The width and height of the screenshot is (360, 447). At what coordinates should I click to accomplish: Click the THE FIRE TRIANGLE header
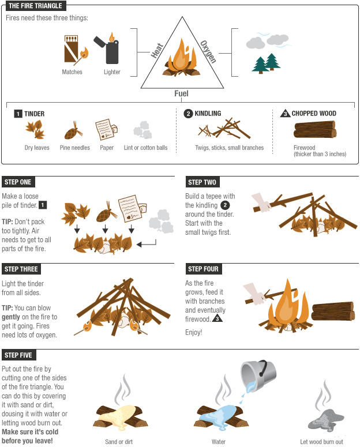pos(35,6)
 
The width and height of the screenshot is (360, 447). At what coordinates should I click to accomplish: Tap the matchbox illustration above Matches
pos(73,50)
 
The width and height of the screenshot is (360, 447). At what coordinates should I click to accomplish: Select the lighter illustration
pos(111,50)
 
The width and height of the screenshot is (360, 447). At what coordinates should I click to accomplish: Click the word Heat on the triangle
pos(156,51)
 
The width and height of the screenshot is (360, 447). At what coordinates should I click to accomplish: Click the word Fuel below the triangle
pos(181,93)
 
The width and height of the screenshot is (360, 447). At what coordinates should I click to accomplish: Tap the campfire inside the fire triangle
pos(181,59)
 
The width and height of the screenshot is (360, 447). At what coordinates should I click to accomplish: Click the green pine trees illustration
pos(266,63)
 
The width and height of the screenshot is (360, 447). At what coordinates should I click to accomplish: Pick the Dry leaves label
pos(37,148)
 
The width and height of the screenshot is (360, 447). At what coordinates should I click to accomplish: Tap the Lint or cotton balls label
pos(145,148)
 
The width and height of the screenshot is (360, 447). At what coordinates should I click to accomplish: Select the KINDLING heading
pos(208,114)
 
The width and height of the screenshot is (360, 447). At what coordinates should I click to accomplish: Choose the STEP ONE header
pos(18,182)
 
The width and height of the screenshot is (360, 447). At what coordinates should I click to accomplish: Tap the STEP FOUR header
pos(203,269)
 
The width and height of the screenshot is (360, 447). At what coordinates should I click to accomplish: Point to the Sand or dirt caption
pos(119,442)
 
